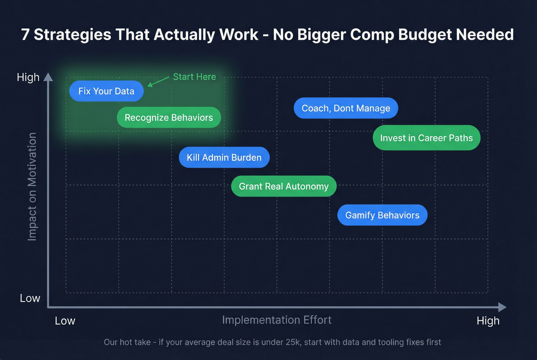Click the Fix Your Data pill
point(106,91)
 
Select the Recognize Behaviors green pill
point(169,118)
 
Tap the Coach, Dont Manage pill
point(346,108)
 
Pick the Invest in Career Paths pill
point(426,138)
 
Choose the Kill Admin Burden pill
point(224,158)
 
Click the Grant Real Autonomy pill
point(283,186)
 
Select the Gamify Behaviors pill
point(382,215)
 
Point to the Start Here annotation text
point(194,77)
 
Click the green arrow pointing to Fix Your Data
point(158,82)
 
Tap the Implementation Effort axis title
point(277,320)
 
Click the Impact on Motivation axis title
point(32,187)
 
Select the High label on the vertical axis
point(28,77)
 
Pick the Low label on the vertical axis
point(30,298)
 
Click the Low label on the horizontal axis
point(65,321)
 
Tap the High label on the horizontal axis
point(488,321)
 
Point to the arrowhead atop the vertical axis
point(48,77)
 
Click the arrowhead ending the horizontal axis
point(502,307)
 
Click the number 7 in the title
point(25,35)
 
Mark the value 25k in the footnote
point(292,342)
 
